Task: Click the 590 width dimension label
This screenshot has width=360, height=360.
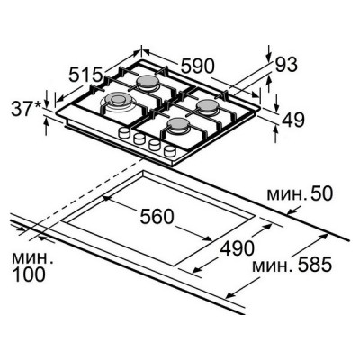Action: point(198,66)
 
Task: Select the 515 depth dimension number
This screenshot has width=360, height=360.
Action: point(86,75)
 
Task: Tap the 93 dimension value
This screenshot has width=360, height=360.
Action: point(286,65)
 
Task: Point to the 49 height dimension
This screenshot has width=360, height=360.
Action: point(293,119)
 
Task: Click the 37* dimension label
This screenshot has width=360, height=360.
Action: point(26,108)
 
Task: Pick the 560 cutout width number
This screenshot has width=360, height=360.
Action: point(157,217)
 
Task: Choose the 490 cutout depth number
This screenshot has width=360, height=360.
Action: point(238,248)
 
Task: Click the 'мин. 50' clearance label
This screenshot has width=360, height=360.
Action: point(300,194)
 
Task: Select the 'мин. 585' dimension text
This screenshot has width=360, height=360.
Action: point(292,265)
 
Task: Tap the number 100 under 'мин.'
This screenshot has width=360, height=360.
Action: point(29,274)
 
